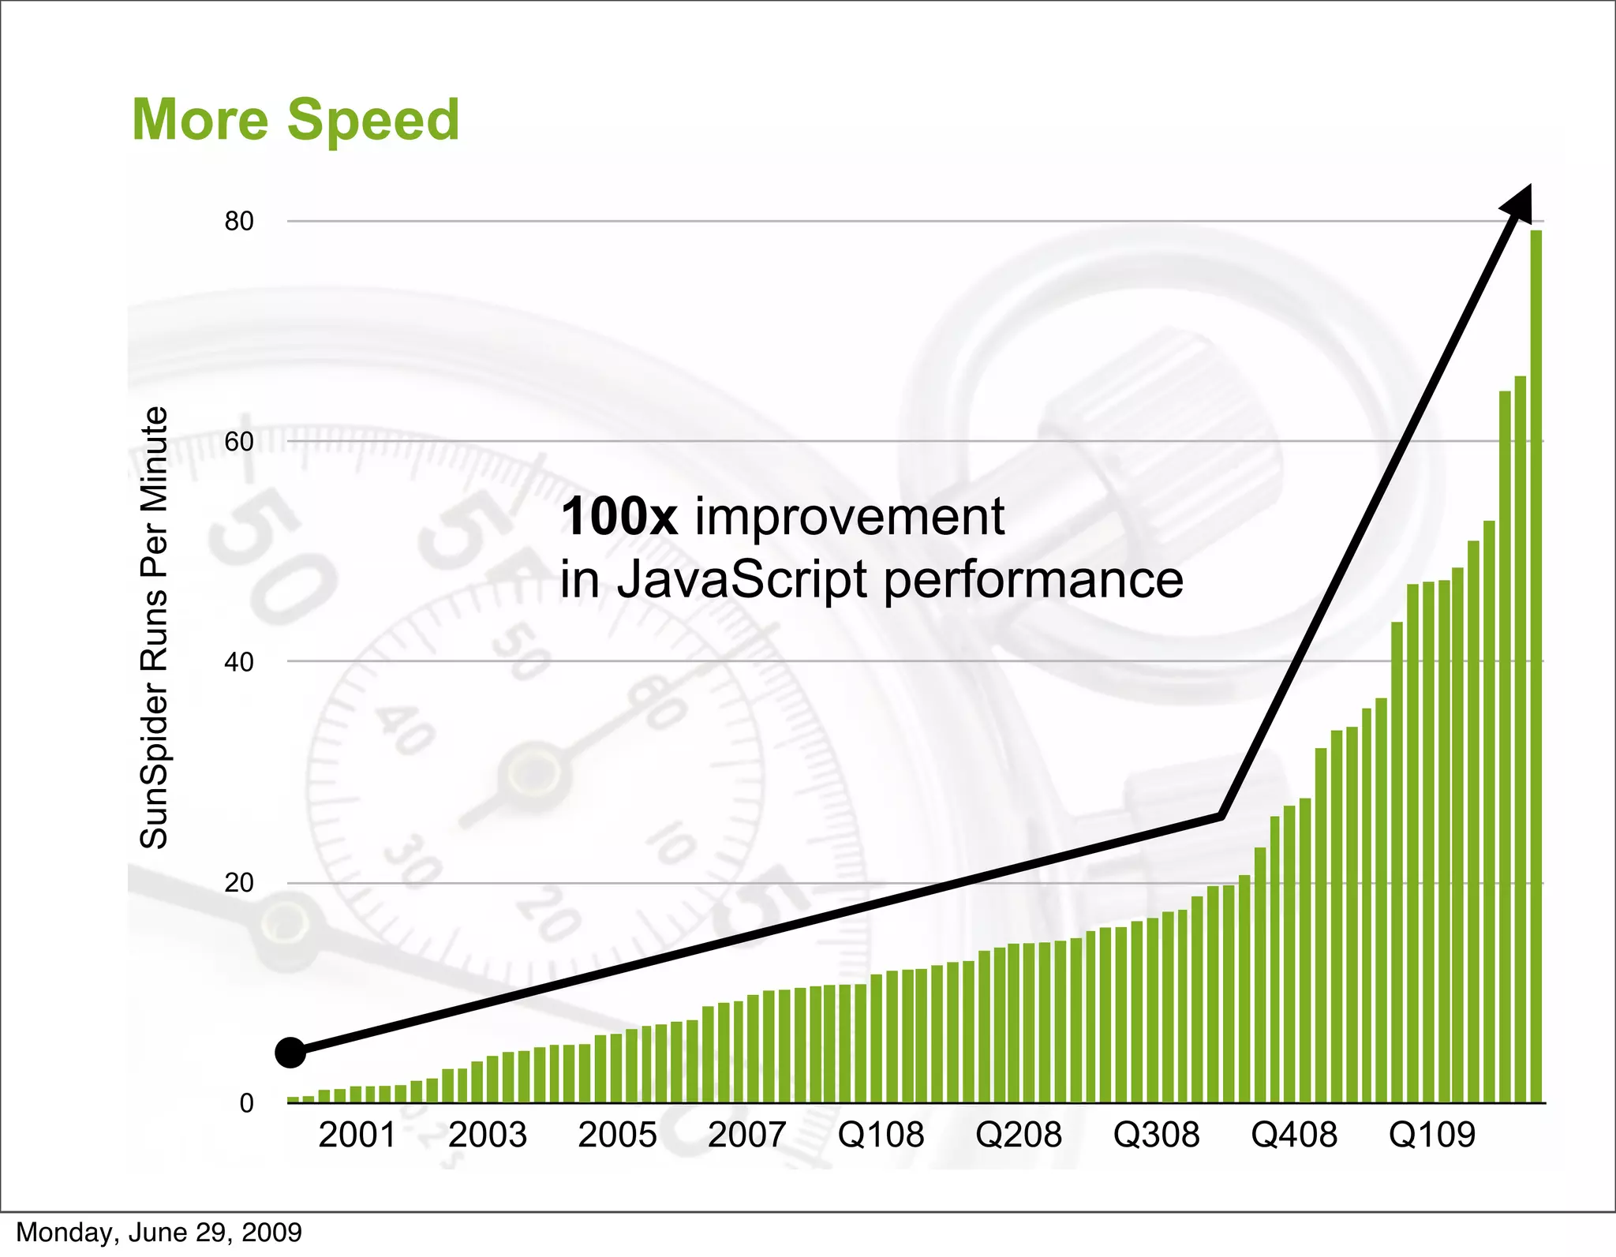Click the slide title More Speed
(295, 119)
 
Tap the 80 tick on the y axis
(239, 222)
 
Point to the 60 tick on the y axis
(239, 442)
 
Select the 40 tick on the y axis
(239, 662)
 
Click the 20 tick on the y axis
(239, 883)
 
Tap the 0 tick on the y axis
(246, 1103)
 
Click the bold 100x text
(619, 517)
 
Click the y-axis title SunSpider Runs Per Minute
(154, 627)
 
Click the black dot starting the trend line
(290, 1053)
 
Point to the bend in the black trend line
(1221, 815)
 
